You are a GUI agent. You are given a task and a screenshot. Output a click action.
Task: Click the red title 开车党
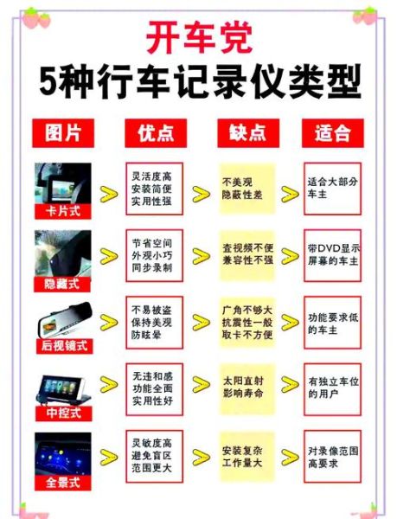198,39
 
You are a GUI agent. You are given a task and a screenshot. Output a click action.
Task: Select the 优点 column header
156,132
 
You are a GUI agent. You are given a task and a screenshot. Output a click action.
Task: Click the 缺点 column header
245,132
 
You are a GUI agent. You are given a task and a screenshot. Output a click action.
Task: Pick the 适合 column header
333,132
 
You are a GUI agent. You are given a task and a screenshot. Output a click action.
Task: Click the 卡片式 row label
62,211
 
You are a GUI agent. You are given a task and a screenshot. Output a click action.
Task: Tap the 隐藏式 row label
62,283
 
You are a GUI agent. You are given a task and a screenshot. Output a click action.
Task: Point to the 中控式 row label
62,414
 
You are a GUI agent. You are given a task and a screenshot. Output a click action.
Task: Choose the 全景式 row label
62,483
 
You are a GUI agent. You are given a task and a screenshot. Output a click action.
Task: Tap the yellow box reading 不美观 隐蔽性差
247,189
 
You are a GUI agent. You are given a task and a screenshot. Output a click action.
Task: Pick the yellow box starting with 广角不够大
247,324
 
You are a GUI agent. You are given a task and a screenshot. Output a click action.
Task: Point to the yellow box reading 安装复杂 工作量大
247,457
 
